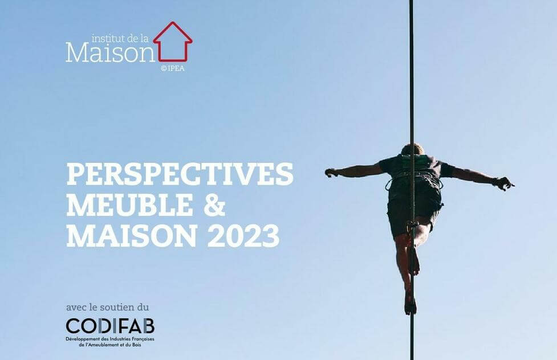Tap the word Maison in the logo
(111, 52)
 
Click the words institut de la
(120, 38)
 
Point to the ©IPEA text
(173, 68)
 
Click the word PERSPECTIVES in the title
(180, 174)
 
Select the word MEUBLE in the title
(129, 205)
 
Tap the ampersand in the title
(214, 205)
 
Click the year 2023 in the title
(243, 236)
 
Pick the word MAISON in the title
(132, 236)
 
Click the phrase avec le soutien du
(107, 307)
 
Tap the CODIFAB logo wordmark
(110, 326)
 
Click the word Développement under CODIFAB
(80, 339)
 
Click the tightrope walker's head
(412, 149)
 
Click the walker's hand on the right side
(505, 183)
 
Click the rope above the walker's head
(412, 71)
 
